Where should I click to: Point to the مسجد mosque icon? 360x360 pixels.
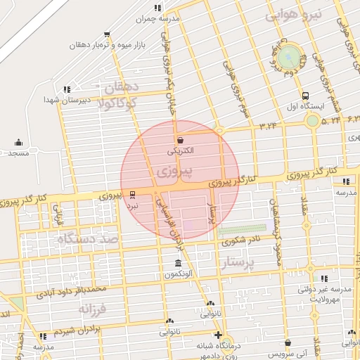[19, 142]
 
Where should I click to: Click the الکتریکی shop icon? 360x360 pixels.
[181, 140]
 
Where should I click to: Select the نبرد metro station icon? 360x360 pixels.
[133, 195]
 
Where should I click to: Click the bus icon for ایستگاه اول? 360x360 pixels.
[305, 96]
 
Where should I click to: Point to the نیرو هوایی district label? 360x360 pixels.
[294, 15]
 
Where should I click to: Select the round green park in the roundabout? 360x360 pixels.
[289, 58]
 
